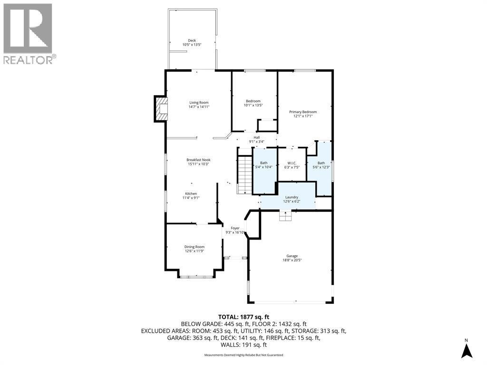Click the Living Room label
[199, 103]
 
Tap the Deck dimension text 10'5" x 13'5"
[192, 45]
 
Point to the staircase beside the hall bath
[244, 174]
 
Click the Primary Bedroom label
[303, 112]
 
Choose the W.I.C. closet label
[292, 163]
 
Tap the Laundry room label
[292, 197]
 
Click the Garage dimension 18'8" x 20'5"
[292, 260]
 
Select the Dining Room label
[194, 247]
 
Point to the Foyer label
[235, 229]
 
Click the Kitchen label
[191, 193]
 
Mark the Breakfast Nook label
[198, 160]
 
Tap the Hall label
[256, 137]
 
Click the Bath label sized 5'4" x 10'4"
[263, 163]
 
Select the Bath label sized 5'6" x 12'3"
[321, 163]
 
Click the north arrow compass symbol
[467, 349]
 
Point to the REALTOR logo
[29, 33]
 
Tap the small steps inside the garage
[285, 217]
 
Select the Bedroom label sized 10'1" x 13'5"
[253, 101]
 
